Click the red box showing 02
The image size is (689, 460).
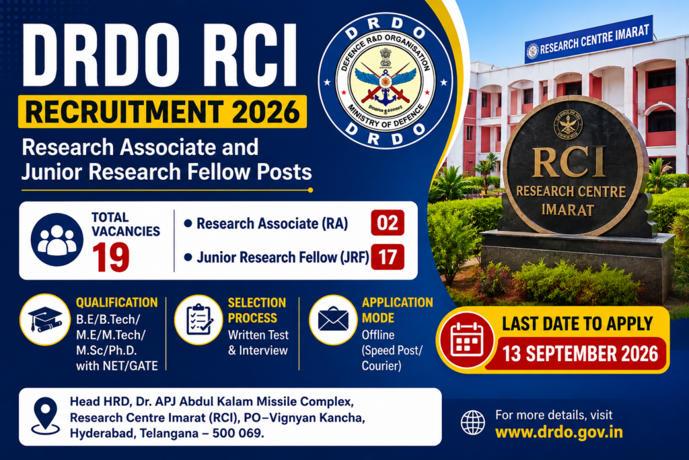pyautogui.click(x=388, y=222)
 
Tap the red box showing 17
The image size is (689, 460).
pyautogui.click(x=388, y=257)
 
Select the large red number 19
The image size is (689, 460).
pyautogui.click(x=111, y=257)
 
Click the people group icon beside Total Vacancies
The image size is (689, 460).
pyautogui.click(x=57, y=240)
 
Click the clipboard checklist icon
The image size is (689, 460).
pyautogui.click(x=199, y=320)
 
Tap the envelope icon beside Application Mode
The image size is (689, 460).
pyautogui.click(x=333, y=320)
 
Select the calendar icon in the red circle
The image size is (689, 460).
pyautogui.click(x=467, y=340)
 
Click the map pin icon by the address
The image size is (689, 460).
pyautogui.click(x=46, y=416)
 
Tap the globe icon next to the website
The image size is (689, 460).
pyautogui.click(x=473, y=422)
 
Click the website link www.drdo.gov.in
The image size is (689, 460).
pyautogui.click(x=559, y=432)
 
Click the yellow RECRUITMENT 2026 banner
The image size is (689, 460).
pyautogui.click(x=162, y=112)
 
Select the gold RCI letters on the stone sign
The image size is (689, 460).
pyautogui.click(x=569, y=162)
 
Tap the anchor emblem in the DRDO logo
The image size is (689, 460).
pyautogui.click(x=386, y=93)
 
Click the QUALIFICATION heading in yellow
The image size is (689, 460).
pyautogui.click(x=117, y=302)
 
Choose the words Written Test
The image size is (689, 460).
pyautogui.click(x=258, y=335)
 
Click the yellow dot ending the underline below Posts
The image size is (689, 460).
pyautogui.click(x=311, y=191)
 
